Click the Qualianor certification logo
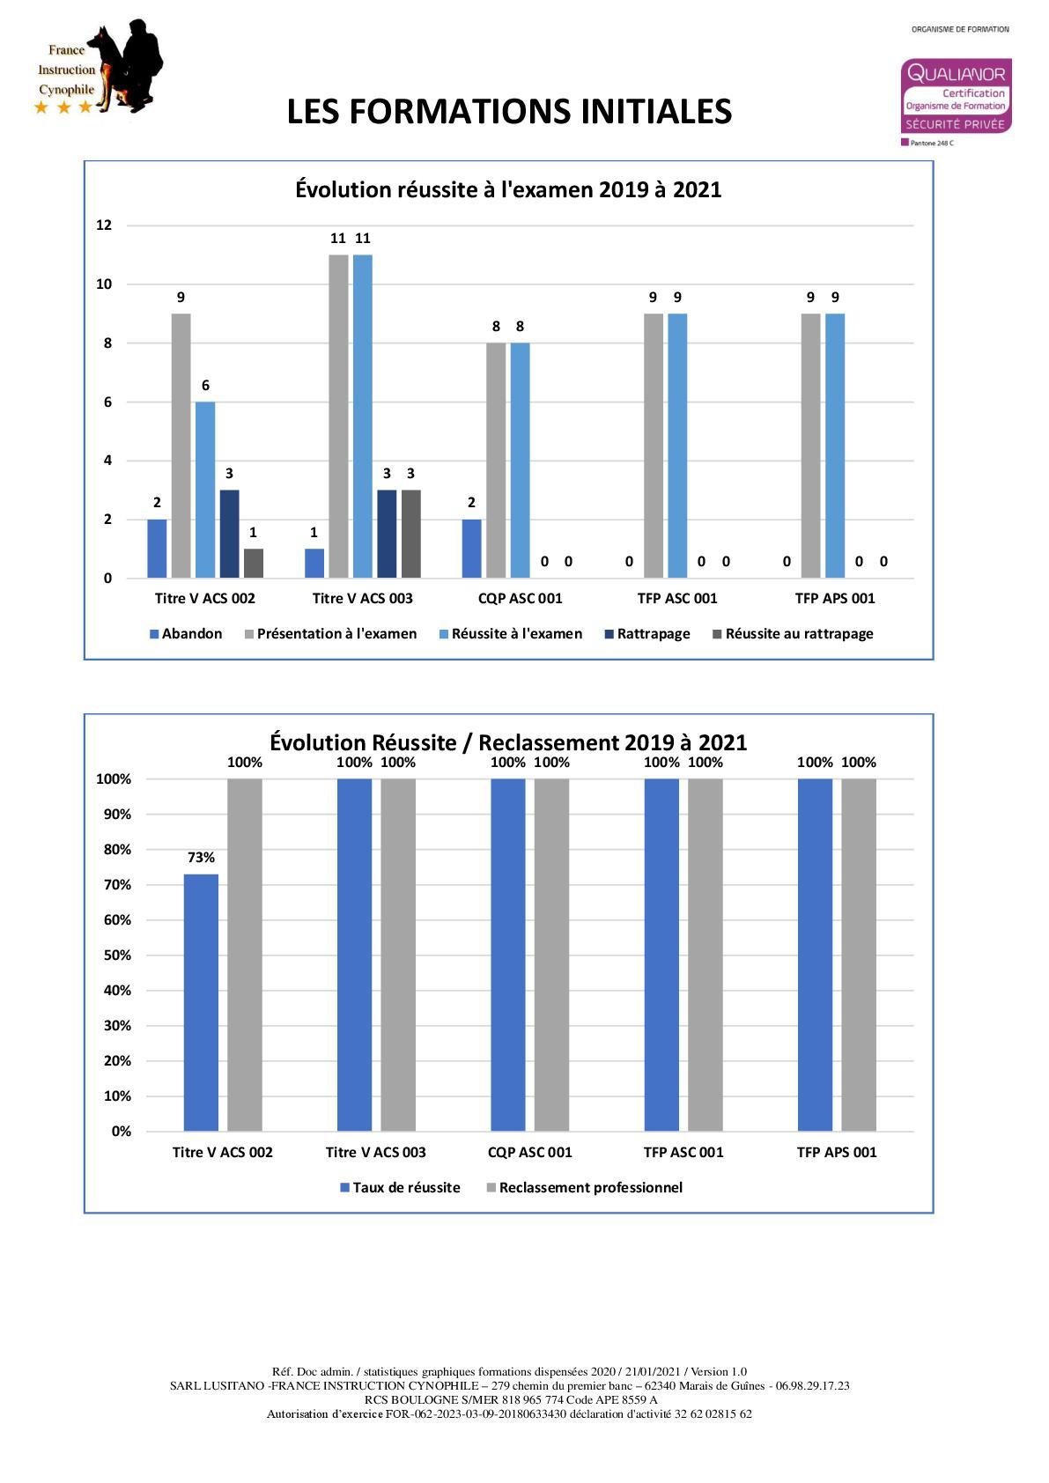coord(956,97)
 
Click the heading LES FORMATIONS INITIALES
coord(509,112)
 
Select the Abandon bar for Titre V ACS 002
coord(157,549)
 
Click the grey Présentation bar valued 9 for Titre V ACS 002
coord(181,446)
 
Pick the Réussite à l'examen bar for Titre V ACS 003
coord(362,416)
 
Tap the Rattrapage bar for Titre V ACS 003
coord(387,534)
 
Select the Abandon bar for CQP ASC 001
coord(471,549)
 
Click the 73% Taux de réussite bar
coord(201,1002)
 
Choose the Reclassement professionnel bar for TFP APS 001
coord(859,955)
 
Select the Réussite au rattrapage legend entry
coord(793,634)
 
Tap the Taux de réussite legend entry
coord(400,1188)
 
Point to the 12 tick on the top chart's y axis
coord(104,225)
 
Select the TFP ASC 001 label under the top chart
coord(677,599)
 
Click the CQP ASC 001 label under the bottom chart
coord(529,1153)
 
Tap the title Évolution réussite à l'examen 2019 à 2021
coord(508,190)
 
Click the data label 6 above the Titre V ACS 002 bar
coord(205,386)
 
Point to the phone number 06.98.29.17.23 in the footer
coord(812,1385)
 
